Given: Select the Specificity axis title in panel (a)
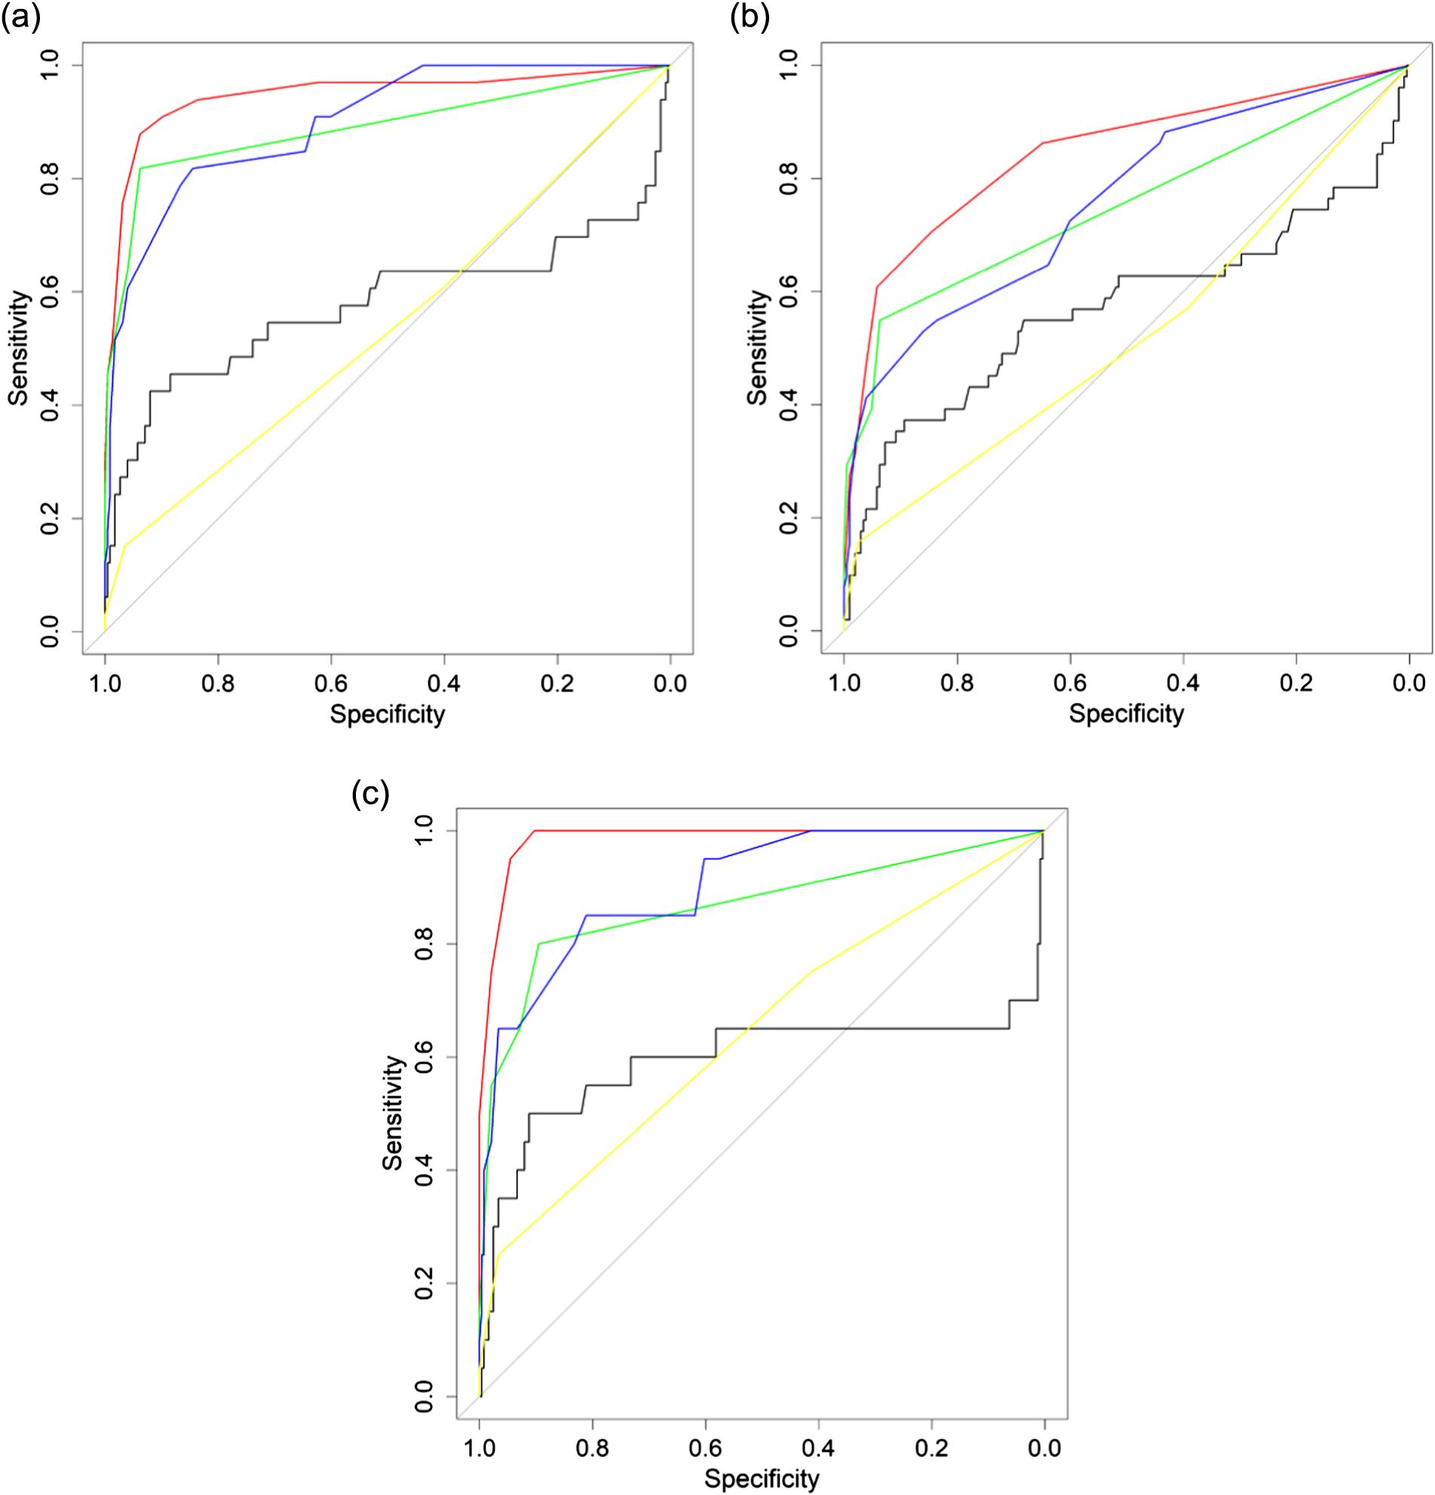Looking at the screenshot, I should (387, 715).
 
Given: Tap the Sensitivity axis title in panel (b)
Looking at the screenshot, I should (759, 348).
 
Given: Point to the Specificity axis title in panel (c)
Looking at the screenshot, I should (762, 1479).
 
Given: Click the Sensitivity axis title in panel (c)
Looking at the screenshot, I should (394, 1112).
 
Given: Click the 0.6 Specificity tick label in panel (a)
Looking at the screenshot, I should (330, 681).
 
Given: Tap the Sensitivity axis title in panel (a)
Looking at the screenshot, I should (19, 348).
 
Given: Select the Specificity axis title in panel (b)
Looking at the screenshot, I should (1126, 715).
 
